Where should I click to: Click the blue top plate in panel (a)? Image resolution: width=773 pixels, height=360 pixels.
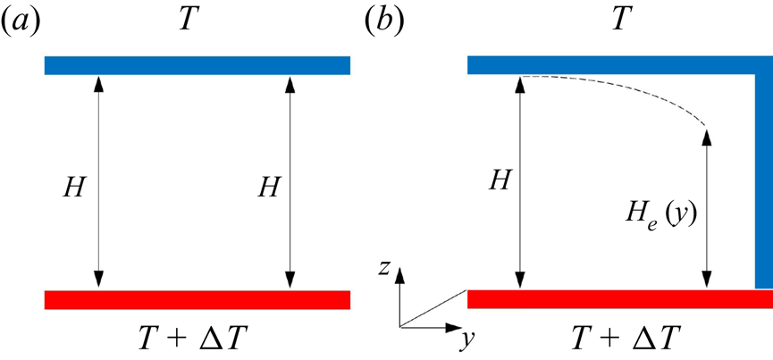(x=197, y=66)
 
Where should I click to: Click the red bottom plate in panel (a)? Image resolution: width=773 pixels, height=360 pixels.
(x=197, y=300)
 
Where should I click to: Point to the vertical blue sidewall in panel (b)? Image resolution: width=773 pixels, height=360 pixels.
(x=762, y=179)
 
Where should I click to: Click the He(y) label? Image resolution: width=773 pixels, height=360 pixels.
(x=662, y=220)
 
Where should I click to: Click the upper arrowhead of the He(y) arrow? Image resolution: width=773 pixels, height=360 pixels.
(x=708, y=137)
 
